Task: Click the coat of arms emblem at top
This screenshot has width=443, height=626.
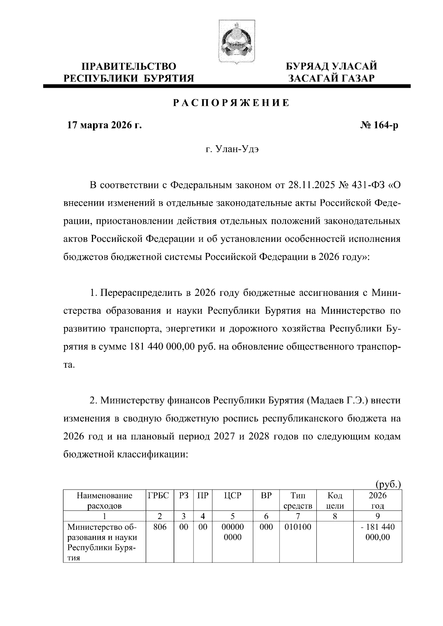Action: [x=232, y=41]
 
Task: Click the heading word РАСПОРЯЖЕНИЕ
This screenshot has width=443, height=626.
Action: [x=231, y=103]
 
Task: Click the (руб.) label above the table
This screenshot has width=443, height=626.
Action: [x=388, y=484]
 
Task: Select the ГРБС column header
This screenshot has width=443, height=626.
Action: [x=158, y=495]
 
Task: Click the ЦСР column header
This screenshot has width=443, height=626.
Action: [x=233, y=495]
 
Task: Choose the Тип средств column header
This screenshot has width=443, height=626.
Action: [x=298, y=501]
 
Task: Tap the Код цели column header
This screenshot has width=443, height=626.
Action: [x=334, y=501]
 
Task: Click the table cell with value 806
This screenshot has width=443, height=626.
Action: [x=160, y=527]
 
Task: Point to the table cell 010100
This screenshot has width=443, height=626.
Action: [x=298, y=527]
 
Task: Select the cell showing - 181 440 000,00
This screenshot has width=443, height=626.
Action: [x=377, y=532]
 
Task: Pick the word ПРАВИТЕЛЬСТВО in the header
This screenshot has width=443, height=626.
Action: [x=128, y=66]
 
